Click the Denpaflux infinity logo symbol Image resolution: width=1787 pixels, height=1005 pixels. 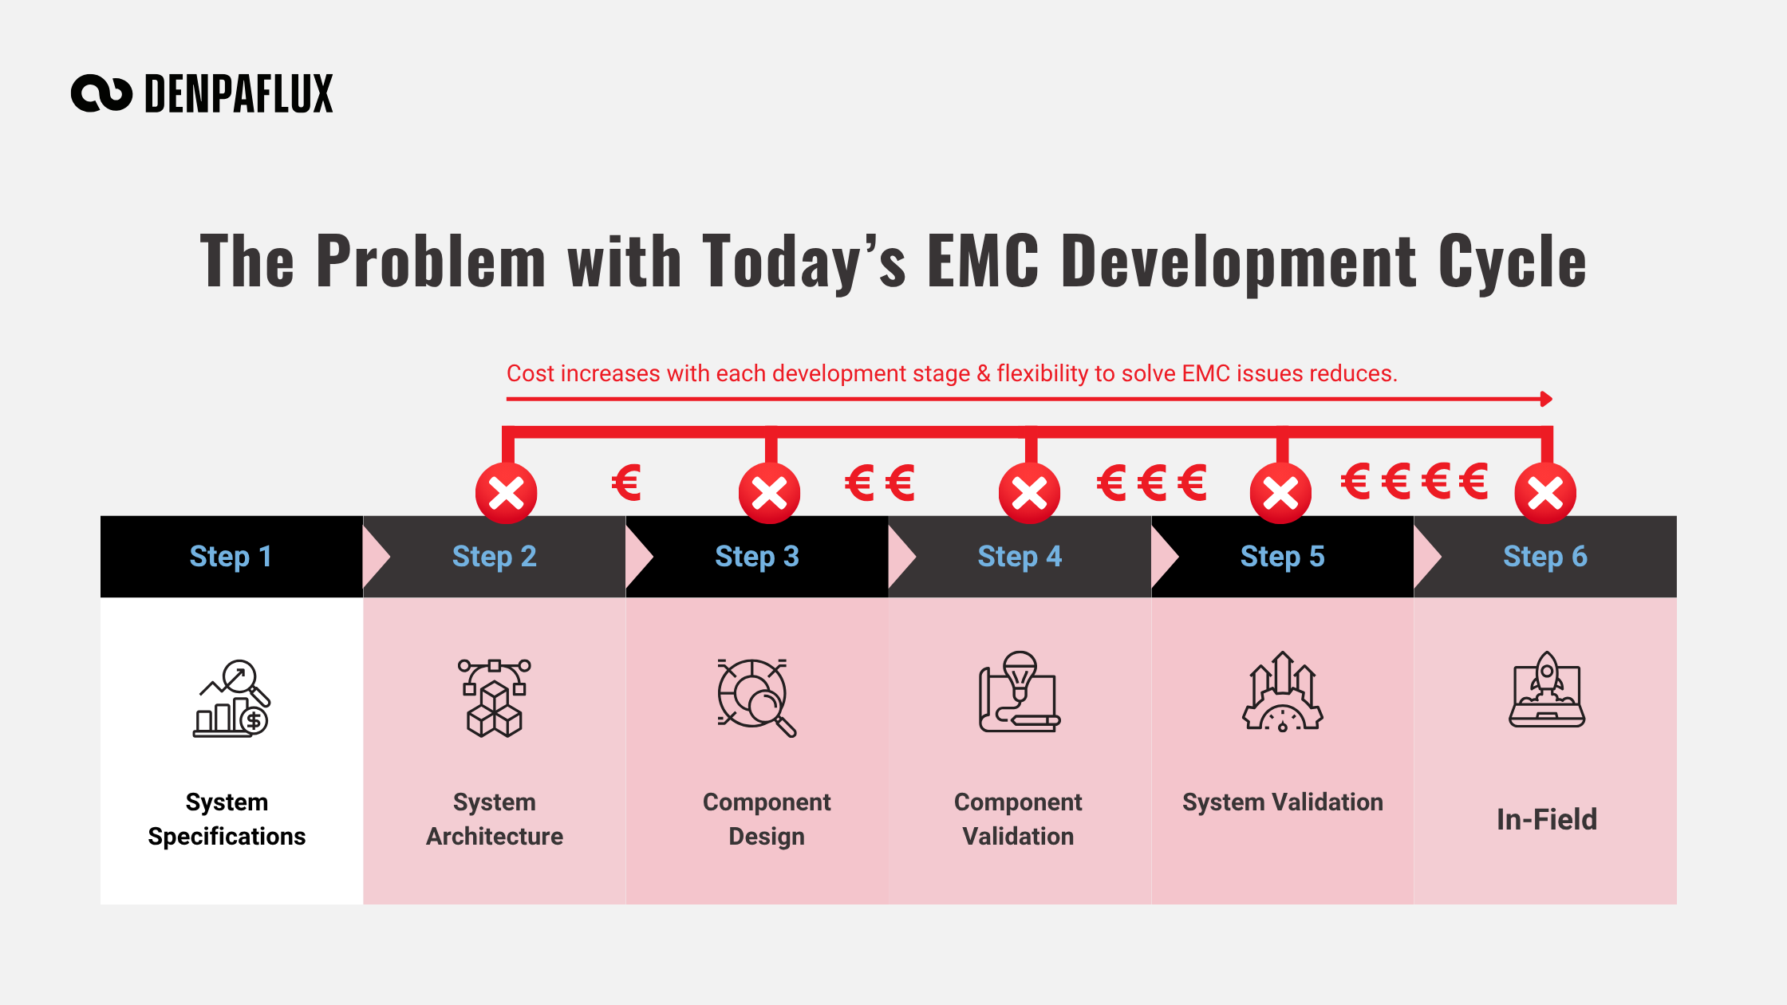pyautogui.click(x=101, y=93)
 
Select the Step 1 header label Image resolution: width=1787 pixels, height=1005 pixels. pyautogui.click(x=231, y=556)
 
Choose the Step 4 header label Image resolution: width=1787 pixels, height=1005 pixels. pyautogui.click(x=1020, y=556)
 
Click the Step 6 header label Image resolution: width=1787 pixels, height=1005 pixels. pyautogui.click(x=1545, y=556)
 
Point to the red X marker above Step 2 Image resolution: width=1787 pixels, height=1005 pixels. pyautogui.click(x=507, y=493)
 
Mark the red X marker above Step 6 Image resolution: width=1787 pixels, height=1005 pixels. pyautogui.click(x=1545, y=493)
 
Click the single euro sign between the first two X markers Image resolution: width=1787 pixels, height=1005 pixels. pyautogui.click(x=626, y=483)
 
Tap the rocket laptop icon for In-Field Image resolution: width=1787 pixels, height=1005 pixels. pyautogui.click(x=1547, y=689)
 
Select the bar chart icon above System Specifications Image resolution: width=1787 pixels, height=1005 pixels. pyautogui.click(x=232, y=699)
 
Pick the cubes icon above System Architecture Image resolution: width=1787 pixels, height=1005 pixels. pyautogui.click(x=495, y=698)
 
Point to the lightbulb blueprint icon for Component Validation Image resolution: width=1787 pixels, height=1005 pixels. pyautogui.click(x=1020, y=692)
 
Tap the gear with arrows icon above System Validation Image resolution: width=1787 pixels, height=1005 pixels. pyautogui.click(x=1283, y=692)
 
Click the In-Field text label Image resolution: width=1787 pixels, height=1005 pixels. pyautogui.click(x=1547, y=819)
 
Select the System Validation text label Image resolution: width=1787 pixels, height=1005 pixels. pyautogui.click(x=1283, y=802)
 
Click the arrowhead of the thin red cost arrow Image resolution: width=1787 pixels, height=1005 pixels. pyautogui.click(x=1547, y=399)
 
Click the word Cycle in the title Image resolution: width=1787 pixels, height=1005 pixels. pyautogui.click(x=1513, y=262)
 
